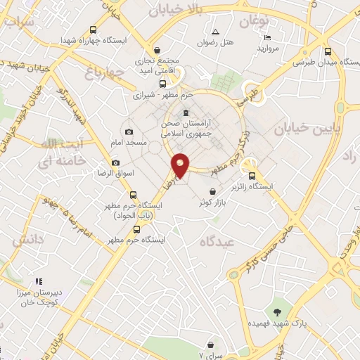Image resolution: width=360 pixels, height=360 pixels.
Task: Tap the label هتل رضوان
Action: pyautogui.click(x=215, y=43)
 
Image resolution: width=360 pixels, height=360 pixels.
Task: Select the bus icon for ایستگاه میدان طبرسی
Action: pyautogui.click(x=328, y=51)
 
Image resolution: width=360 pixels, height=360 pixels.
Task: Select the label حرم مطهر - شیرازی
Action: pyautogui.click(x=162, y=95)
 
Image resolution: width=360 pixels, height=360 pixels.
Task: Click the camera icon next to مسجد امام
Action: pyautogui.click(x=129, y=131)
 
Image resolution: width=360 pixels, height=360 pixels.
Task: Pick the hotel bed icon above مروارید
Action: pyautogui.click(x=266, y=37)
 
